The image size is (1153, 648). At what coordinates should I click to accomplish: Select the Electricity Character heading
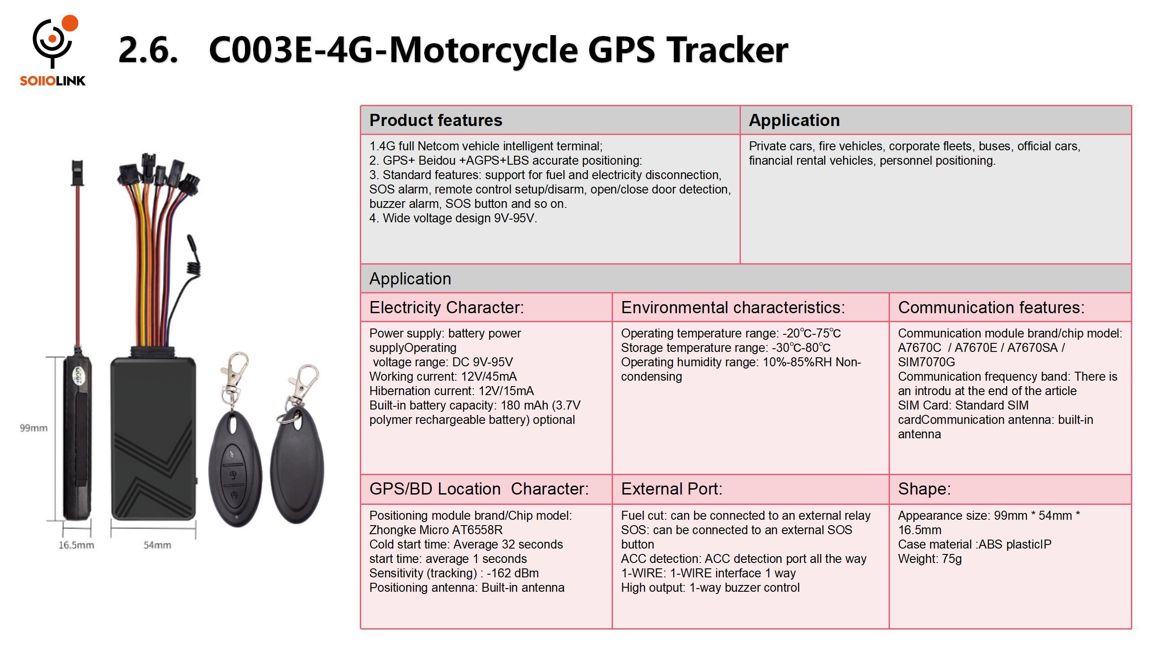click(x=446, y=307)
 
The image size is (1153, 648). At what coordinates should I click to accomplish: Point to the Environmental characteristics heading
click(x=733, y=307)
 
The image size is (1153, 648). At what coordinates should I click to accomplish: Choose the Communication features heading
click(x=991, y=307)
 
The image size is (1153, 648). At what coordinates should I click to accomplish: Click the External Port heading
click(x=672, y=489)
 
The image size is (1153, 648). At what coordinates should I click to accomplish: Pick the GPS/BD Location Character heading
click(x=479, y=489)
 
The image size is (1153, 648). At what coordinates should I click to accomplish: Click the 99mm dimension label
click(x=33, y=428)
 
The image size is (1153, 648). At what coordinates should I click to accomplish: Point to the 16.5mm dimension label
click(x=76, y=545)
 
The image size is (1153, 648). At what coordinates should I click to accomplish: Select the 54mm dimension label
click(x=157, y=545)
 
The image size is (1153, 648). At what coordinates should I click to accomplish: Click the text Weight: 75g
click(x=930, y=559)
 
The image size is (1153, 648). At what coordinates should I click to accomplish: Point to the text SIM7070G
click(x=926, y=362)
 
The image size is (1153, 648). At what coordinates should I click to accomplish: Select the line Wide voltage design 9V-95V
click(x=453, y=218)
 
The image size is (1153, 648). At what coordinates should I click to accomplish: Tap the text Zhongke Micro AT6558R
click(x=436, y=530)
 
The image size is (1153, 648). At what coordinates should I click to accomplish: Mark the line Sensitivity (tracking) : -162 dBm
click(x=454, y=573)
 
